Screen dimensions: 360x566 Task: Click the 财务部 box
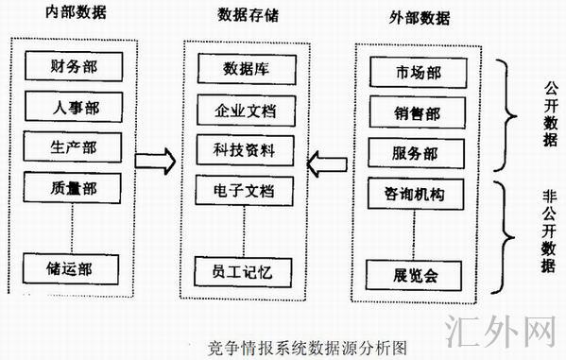[73, 67]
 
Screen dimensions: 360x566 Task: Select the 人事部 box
[73, 107]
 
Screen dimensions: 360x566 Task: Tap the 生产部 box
[73, 146]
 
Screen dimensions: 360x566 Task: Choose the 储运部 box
[73, 268]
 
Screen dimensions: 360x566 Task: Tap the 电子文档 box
[245, 191]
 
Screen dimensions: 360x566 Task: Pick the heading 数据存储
[247, 15]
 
